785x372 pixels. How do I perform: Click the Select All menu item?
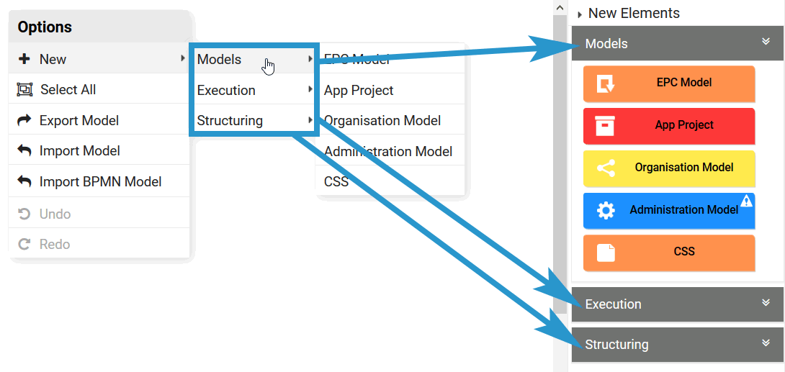(68, 90)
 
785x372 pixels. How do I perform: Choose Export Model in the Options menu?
(78, 121)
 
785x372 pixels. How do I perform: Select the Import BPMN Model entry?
(100, 182)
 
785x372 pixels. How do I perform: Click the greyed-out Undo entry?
(55, 214)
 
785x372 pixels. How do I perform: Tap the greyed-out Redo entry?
(55, 245)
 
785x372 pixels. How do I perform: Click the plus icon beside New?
(24, 60)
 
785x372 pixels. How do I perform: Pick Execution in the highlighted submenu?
(226, 91)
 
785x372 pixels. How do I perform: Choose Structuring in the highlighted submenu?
(230, 121)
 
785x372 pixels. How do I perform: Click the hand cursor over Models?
(269, 66)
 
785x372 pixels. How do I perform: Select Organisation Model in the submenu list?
(382, 121)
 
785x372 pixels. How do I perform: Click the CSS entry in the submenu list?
(336, 182)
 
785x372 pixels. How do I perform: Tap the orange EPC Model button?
(669, 83)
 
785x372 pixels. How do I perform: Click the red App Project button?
(669, 125)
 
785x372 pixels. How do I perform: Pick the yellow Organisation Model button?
(669, 168)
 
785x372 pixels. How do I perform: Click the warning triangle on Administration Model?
(746, 201)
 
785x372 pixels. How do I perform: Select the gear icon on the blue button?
(606, 210)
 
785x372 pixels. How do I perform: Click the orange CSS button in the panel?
(669, 252)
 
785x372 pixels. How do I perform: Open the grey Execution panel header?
(676, 304)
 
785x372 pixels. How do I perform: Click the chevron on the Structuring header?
(766, 343)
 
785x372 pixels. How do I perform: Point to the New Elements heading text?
(634, 13)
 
